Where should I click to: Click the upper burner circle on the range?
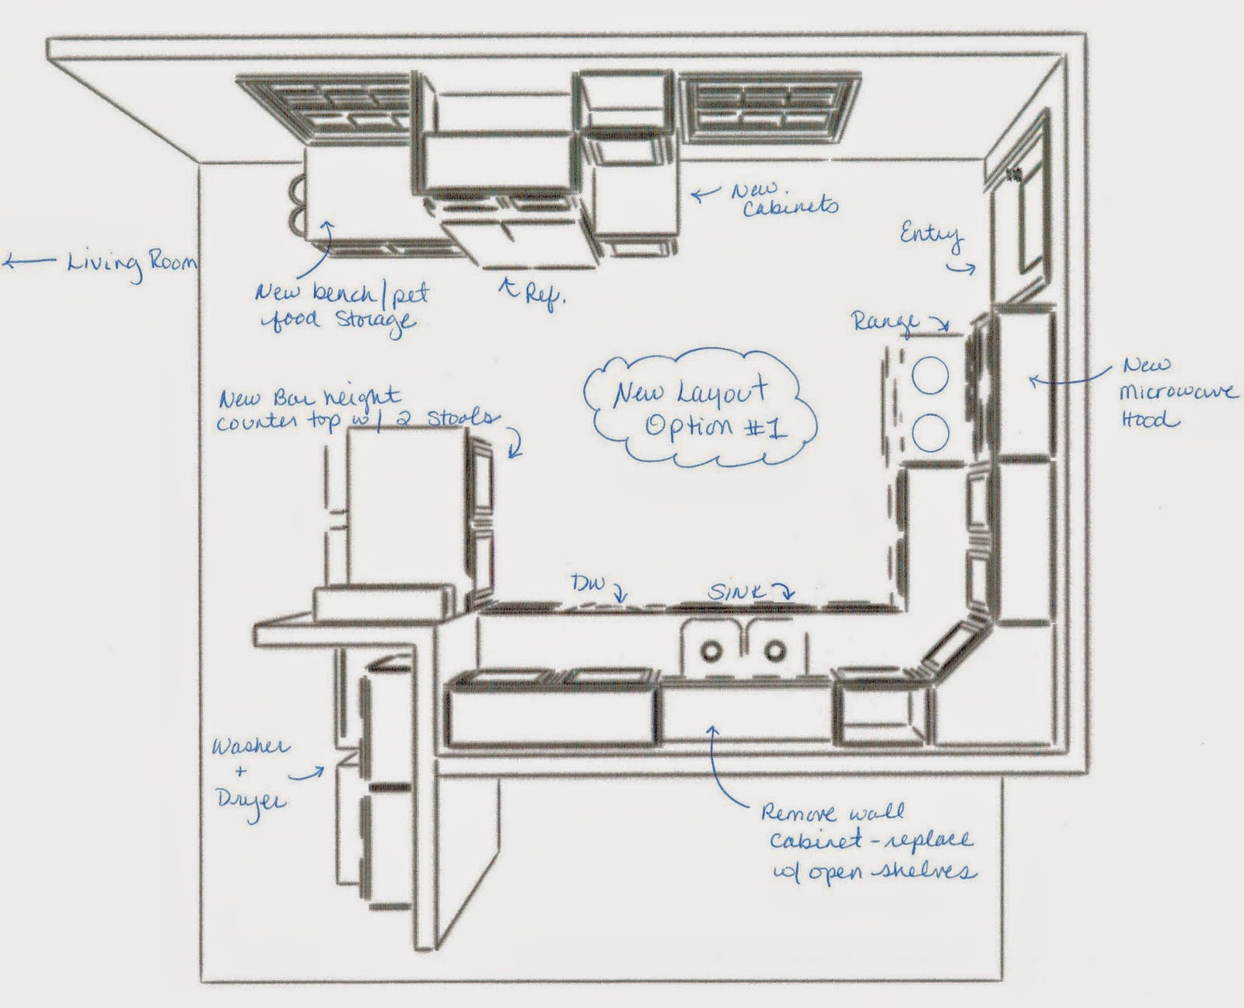[x=930, y=377]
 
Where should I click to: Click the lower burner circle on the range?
[x=930, y=432]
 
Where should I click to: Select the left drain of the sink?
[x=711, y=648]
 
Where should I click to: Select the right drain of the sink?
[x=774, y=648]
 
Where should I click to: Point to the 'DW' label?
[x=589, y=583]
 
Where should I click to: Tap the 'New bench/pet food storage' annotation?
[x=342, y=306]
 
